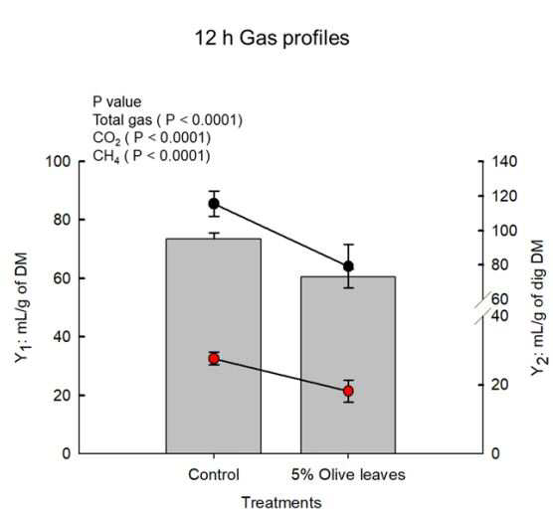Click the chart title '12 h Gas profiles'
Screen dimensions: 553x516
[272, 38]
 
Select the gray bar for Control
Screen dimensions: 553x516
[214, 346]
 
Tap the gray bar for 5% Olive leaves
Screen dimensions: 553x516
[348, 365]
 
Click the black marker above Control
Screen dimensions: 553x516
[214, 204]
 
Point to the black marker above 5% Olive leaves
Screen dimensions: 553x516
[348, 266]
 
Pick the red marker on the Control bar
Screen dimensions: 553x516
[214, 359]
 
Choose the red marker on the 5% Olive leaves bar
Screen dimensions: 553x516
[348, 391]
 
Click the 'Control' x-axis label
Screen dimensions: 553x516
[214, 474]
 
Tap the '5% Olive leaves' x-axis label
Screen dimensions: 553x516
[348, 474]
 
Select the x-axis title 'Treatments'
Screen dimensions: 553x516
[281, 503]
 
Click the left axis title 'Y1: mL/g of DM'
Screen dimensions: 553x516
[22, 307]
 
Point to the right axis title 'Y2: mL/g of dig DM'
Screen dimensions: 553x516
[538, 307]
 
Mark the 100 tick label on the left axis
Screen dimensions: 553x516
[59, 161]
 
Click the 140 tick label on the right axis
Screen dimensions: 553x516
[504, 162]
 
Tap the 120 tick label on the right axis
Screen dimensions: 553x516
[504, 196]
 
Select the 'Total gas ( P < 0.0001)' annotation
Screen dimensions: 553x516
[167, 120]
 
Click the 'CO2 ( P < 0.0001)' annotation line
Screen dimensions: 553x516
[151, 138]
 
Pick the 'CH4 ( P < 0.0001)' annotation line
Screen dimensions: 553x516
[151, 156]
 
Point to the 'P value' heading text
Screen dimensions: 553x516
[116, 101]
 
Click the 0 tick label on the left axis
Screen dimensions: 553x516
[67, 453]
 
